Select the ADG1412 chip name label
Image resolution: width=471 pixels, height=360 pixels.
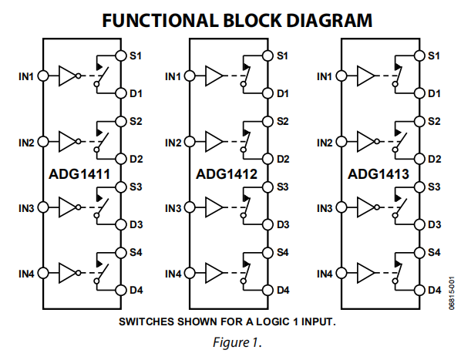(226, 174)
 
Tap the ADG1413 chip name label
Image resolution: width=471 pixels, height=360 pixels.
(377, 174)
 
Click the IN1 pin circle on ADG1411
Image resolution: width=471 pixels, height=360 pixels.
(43, 76)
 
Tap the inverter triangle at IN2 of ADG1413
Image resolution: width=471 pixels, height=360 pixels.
(368, 142)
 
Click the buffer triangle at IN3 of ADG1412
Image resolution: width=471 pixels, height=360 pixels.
(215, 208)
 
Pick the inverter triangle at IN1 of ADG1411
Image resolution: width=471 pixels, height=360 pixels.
(68, 76)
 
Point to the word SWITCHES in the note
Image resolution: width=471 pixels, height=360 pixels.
(147, 321)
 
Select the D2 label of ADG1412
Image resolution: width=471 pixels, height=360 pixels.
(283, 159)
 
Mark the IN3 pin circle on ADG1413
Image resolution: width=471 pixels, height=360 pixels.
(343, 208)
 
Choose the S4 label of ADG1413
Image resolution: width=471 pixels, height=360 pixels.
(434, 252)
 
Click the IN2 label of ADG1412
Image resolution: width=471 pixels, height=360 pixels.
(174, 143)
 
